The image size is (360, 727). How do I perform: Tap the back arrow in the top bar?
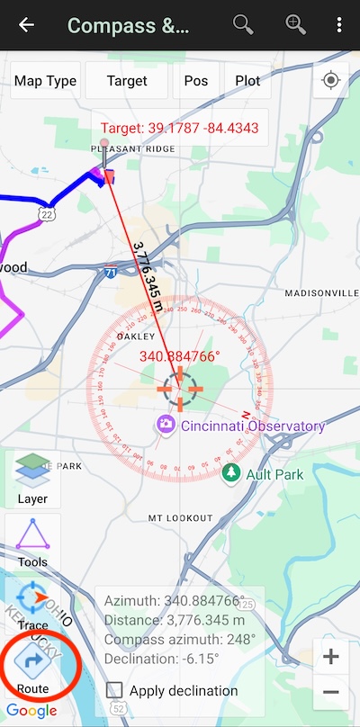27,25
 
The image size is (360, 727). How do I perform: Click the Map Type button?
45,81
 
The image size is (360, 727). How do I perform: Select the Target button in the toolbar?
127,81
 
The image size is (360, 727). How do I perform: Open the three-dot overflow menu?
338,25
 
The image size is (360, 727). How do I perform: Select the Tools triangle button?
33,543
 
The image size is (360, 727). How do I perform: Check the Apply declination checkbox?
114,691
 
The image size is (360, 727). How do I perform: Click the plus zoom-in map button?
330,657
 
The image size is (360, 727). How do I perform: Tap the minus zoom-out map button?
330,692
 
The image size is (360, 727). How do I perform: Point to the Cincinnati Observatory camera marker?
166,426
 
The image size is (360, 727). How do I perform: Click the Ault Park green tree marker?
232,473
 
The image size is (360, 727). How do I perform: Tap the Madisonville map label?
321,294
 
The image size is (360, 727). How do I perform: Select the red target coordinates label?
179,128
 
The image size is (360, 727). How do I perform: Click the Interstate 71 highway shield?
110,271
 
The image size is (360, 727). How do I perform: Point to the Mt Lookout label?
180,519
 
